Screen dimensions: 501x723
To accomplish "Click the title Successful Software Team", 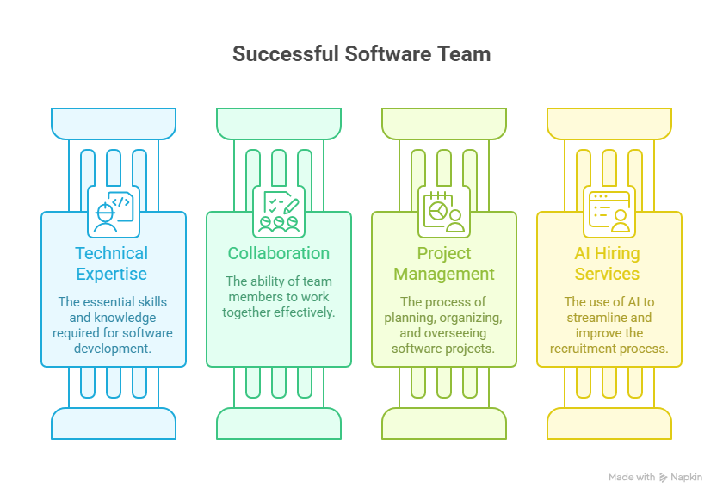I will [x=361, y=54].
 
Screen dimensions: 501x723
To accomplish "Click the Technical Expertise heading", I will [x=112, y=263].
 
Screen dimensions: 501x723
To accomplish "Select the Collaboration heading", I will [x=278, y=253].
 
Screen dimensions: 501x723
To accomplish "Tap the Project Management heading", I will [x=444, y=263].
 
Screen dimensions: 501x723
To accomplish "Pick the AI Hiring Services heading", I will [x=608, y=263].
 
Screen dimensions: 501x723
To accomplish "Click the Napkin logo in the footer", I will [x=664, y=477].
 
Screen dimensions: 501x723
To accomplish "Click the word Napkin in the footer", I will [x=688, y=477].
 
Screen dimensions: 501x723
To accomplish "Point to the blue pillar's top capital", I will [x=114, y=124].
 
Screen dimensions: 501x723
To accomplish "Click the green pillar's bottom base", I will [x=279, y=423].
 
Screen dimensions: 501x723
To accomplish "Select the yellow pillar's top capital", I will [x=609, y=124].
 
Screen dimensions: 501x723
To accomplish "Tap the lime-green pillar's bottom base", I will [x=444, y=423].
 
